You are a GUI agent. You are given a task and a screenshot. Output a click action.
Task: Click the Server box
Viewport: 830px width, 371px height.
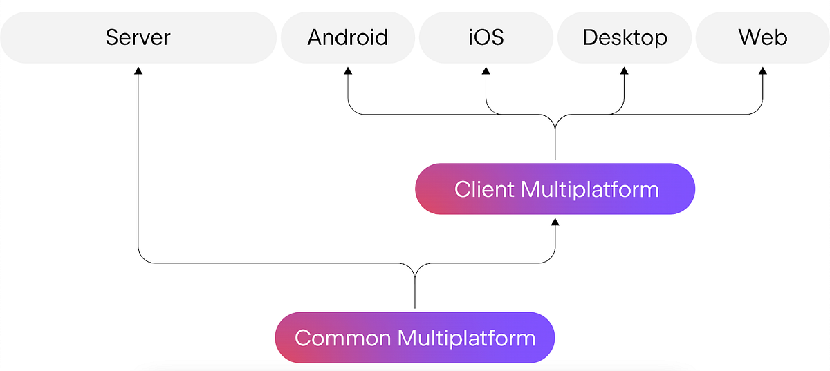point(138,37)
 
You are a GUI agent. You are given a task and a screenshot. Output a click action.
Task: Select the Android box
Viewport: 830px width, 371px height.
point(347,37)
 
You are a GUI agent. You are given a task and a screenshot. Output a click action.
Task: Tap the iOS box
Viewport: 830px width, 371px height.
point(486,37)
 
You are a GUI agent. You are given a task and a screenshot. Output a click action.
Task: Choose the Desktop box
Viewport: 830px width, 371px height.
point(625,37)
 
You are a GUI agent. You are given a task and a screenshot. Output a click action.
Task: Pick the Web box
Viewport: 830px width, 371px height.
point(763,37)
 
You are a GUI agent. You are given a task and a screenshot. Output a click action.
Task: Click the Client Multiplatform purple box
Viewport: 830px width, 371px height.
point(555,189)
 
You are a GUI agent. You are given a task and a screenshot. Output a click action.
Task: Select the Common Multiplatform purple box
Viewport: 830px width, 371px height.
point(415,338)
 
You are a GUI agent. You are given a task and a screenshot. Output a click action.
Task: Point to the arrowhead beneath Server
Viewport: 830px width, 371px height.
point(138,70)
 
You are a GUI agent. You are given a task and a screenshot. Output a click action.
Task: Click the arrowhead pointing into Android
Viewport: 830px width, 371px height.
point(347,70)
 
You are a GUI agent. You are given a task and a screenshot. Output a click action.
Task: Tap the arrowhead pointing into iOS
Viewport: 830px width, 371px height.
point(486,70)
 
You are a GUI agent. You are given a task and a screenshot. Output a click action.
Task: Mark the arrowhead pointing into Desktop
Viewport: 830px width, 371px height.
point(625,70)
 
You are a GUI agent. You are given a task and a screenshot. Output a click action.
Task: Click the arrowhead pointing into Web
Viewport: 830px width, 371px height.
point(763,70)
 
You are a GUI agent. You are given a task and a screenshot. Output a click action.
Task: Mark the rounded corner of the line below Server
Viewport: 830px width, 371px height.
point(142,259)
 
